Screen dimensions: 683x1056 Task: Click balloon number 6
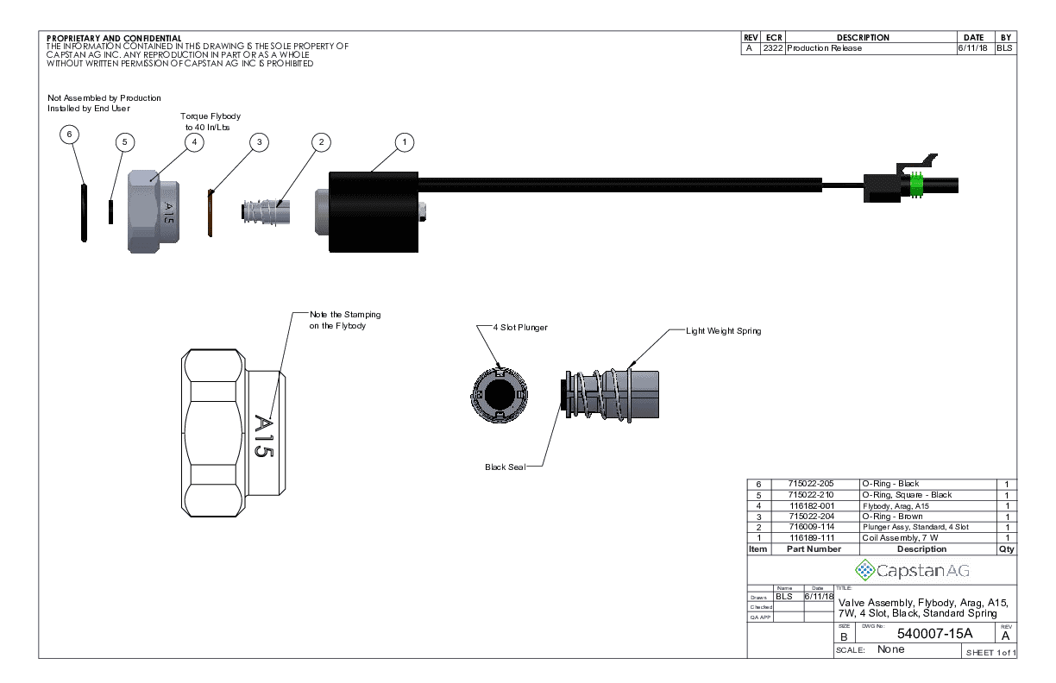[x=71, y=135]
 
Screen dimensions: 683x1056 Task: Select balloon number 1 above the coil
[x=404, y=141]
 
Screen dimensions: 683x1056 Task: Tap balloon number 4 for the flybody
[x=195, y=141]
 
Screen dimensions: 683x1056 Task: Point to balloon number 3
[x=260, y=141]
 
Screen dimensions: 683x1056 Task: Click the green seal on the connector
[x=917, y=186]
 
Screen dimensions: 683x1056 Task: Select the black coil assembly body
[x=374, y=212]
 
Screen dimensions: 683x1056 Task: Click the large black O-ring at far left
[x=83, y=212]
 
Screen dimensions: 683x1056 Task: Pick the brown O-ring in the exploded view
[x=211, y=212]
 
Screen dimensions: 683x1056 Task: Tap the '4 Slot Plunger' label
[x=519, y=328]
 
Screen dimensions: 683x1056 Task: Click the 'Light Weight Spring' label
[x=723, y=330]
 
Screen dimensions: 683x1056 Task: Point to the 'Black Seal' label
[x=505, y=467]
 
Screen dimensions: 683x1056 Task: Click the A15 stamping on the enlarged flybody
[x=264, y=436]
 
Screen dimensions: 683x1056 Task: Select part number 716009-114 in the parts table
[x=811, y=527]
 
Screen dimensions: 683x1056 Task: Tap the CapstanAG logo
[x=911, y=570]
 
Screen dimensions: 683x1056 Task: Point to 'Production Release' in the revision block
[x=824, y=48]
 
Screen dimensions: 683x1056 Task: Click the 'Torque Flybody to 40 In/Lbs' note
[x=210, y=122]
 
